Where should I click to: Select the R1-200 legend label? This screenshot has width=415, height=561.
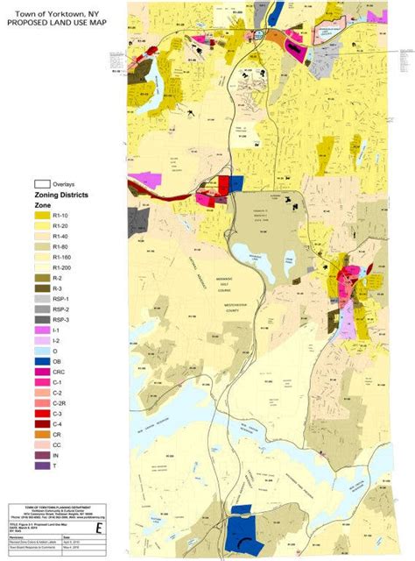[62, 266]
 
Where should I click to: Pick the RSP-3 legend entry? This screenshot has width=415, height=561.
[61, 320]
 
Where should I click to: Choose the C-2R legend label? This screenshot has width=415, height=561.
[60, 403]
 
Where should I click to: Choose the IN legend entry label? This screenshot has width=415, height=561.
[56, 456]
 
